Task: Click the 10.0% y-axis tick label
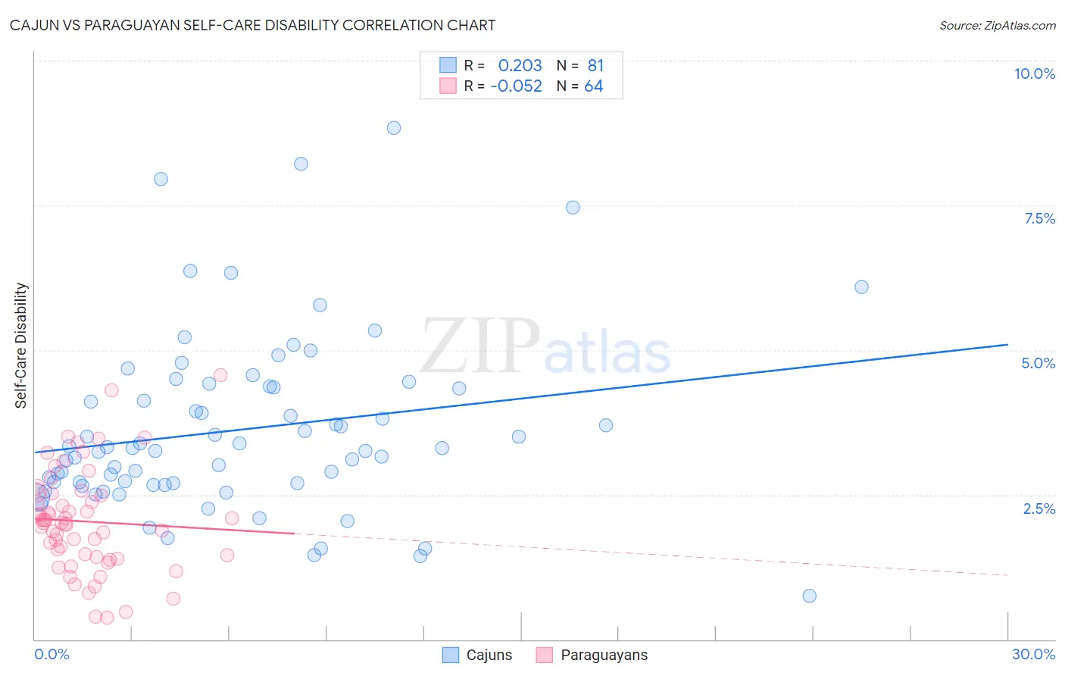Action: (1034, 74)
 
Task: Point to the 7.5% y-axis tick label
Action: (1039, 218)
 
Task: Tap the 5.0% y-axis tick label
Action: (1038, 363)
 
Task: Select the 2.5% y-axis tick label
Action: (1039, 509)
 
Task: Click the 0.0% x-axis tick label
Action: (52, 654)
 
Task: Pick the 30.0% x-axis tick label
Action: (1033, 654)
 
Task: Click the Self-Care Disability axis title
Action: (21, 346)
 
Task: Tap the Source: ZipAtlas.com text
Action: (997, 25)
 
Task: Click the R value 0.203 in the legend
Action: (520, 65)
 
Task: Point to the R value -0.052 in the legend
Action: (516, 86)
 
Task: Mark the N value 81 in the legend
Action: (595, 65)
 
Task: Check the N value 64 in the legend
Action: (593, 86)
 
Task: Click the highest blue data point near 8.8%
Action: (394, 128)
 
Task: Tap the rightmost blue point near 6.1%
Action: (861, 287)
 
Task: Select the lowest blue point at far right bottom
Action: (809, 596)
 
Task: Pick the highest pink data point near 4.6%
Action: (220, 374)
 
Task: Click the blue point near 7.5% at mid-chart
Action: (573, 208)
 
